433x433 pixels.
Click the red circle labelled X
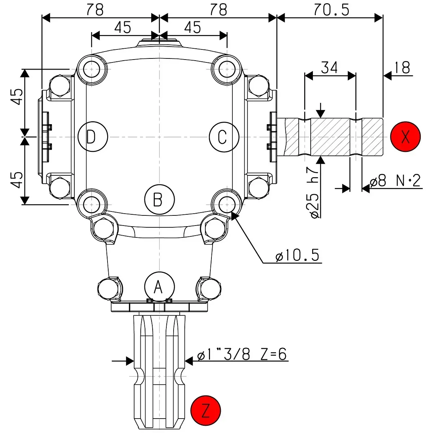[405, 137]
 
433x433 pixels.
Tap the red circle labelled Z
[206, 411]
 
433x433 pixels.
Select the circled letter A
[159, 287]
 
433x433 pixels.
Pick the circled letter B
[159, 199]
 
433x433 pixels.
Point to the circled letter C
[224, 137]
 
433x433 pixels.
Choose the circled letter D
[93, 137]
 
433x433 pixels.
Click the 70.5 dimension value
[331, 10]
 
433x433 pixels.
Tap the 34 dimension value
[329, 67]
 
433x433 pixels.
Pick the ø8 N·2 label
[395, 180]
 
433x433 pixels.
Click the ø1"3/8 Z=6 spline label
[242, 355]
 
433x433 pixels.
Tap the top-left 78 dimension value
[95, 10]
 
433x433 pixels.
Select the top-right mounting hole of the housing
[227, 68]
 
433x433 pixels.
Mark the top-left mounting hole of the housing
[92, 68]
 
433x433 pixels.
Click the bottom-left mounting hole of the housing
[92, 204]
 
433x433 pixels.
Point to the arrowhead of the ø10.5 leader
[233, 214]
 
